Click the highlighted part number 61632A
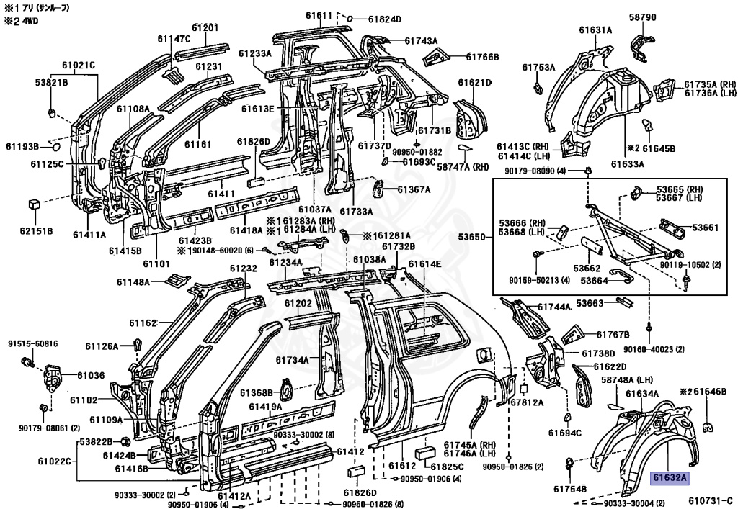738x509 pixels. point(670,479)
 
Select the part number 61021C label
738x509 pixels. point(79,65)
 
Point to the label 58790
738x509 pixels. point(642,17)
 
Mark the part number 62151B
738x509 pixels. point(36,231)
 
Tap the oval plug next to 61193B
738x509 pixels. point(55,147)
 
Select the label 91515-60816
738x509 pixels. point(33,344)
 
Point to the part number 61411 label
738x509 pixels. point(221,194)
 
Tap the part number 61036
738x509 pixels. point(91,376)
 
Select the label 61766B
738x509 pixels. point(482,57)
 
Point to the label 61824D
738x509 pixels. point(385,19)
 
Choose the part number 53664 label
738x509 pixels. point(594,281)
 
